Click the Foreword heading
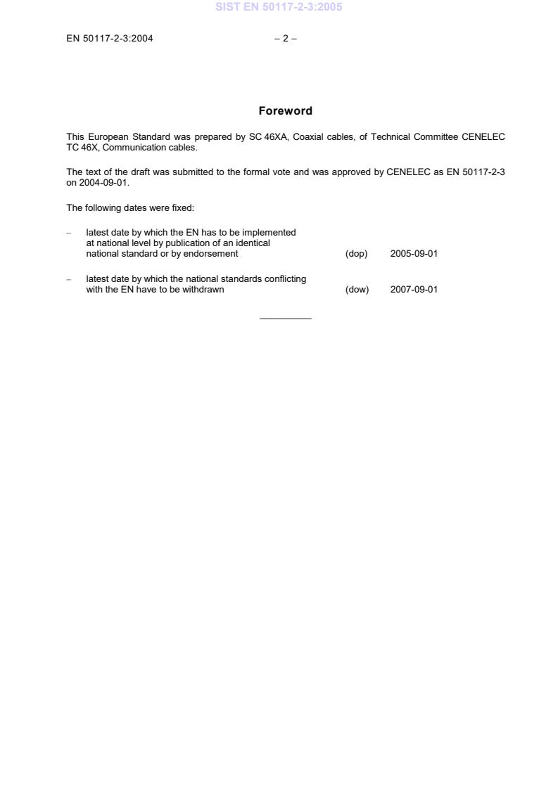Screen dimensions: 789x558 click(x=285, y=111)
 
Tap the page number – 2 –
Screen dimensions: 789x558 click(x=285, y=39)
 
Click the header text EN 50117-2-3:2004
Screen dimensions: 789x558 click(x=110, y=39)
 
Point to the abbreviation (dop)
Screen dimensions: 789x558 click(x=356, y=254)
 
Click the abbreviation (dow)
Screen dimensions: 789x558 click(x=357, y=289)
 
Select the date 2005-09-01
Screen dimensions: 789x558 click(x=414, y=254)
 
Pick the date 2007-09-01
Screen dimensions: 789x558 click(x=414, y=289)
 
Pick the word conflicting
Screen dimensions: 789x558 click(x=285, y=279)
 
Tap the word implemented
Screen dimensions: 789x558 click(x=268, y=233)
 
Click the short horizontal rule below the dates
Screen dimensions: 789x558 click(x=285, y=319)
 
